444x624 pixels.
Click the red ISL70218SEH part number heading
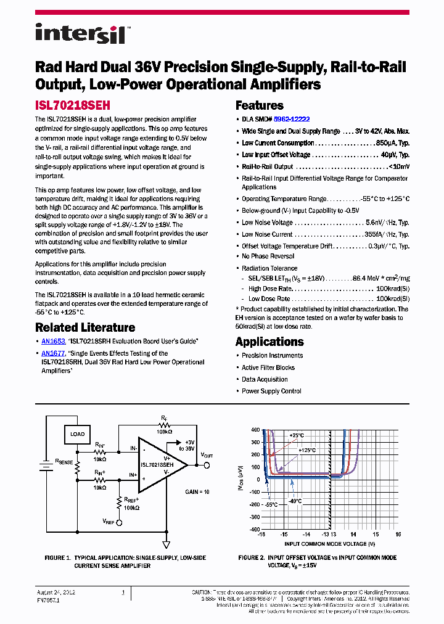point(72,105)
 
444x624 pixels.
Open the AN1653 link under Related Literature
point(53,341)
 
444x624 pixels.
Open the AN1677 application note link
point(53,353)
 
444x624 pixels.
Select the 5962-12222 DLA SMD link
point(292,119)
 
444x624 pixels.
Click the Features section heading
point(260,105)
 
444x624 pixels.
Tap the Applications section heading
point(269,342)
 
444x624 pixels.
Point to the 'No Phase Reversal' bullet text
point(268,257)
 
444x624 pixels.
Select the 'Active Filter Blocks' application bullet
point(268,367)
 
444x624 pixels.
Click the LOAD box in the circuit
point(78,434)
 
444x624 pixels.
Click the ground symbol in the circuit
point(166,544)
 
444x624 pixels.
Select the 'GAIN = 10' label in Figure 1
point(197,492)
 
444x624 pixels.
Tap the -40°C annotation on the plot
point(294,501)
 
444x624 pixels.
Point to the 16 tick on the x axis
point(398,535)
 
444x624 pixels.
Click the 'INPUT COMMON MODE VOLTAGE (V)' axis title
point(329,544)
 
